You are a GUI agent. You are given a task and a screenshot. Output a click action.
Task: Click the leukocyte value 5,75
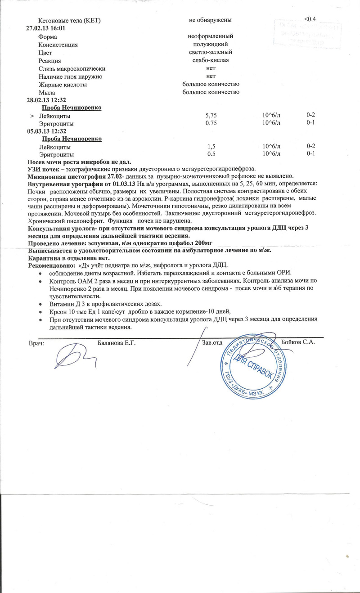[x=211, y=116]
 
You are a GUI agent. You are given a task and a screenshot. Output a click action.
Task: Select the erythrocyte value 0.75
[x=211, y=123]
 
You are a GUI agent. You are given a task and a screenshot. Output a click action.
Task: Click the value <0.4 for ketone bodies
[x=310, y=19]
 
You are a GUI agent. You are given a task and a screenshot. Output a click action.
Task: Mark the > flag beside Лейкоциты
[x=31, y=116]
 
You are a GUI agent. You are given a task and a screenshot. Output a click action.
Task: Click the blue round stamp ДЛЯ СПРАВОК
[x=252, y=364]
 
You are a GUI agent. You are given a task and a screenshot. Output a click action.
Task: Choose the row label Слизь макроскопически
[x=72, y=68]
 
